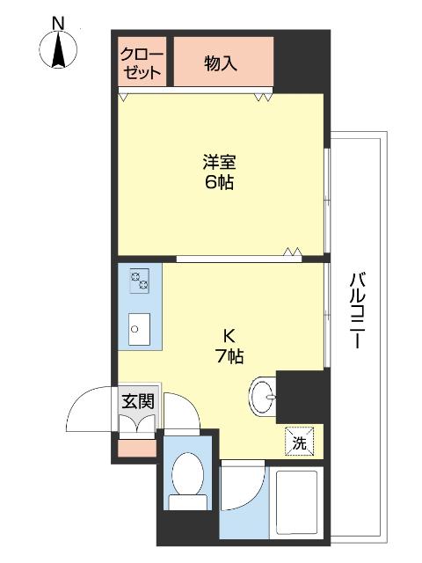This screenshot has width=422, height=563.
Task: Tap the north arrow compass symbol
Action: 57,51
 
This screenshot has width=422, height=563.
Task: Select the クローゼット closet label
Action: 141,62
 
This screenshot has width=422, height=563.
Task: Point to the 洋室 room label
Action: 220,163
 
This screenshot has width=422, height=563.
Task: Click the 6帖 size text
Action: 220,183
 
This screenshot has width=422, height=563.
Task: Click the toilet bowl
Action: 186,476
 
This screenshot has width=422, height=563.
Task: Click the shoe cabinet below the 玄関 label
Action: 138,426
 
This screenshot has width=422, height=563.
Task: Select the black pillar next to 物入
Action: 300,62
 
